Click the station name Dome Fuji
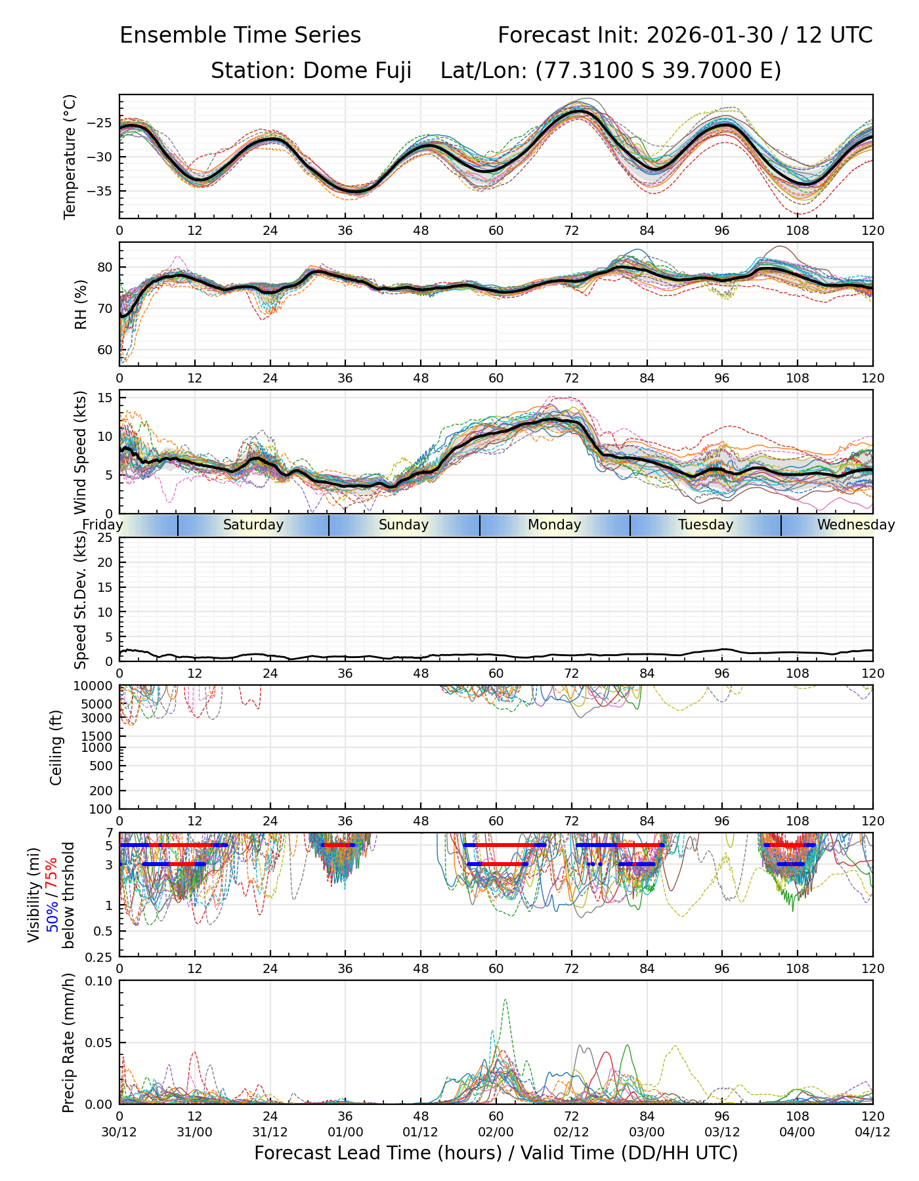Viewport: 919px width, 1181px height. click(357, 70)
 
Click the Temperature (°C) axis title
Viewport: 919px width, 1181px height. click(70, 156)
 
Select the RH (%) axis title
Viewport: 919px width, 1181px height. click(81, 304)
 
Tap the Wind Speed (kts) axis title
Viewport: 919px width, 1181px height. click(81, 452)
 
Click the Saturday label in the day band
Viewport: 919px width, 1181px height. click(253, 525)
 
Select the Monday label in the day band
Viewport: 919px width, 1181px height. click(555, 525)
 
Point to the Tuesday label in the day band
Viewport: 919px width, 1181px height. click(706, 525)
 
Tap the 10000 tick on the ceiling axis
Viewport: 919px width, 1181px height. click(96, 686)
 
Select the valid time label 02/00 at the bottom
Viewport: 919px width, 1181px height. click(496, 1132)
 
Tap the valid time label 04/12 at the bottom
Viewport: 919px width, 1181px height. click(872, 1132)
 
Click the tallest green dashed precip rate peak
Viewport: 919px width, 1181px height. click(505, 1000)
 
